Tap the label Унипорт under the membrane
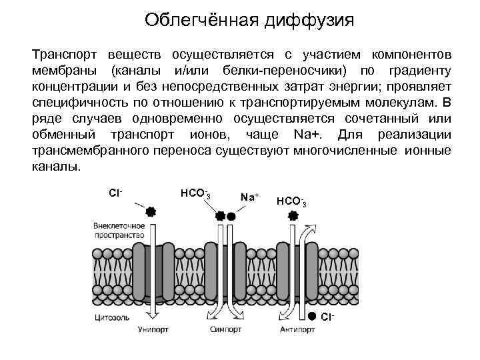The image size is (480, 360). [x=153, y=329]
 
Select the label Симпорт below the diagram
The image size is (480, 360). [x=225, y=329]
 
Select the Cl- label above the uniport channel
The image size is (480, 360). [x=115, y=193]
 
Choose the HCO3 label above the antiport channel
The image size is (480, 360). [x=291, y=201]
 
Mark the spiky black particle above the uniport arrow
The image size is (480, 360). [x=151, y=212]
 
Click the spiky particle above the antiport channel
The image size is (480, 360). [x=292, y=215]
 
